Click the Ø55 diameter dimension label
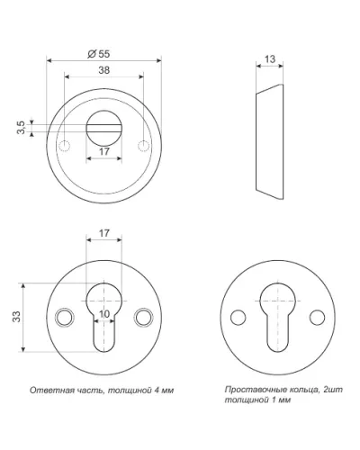click(x=99, y=54)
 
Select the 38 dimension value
click(x=104, y=70)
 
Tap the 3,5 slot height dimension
click(x=21, y=128)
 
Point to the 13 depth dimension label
click(x=270, y=59)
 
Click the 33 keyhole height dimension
click(x=16, y=317)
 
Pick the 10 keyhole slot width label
click(x=104, y=314)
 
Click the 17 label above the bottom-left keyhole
click(x=104, y=233)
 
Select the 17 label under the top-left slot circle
click(x=104, y=151)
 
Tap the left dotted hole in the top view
click(x=65, y=146)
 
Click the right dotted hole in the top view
click(x=143, y=146)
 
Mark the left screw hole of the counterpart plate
click(x=65, y=318)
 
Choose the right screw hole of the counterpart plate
click(x=143, y=318)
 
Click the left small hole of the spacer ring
click(x=238, y=318)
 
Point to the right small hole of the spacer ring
click(x=317, y=318)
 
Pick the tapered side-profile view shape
click(x=269, y=142)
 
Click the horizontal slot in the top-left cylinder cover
click(x=104, y=128)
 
